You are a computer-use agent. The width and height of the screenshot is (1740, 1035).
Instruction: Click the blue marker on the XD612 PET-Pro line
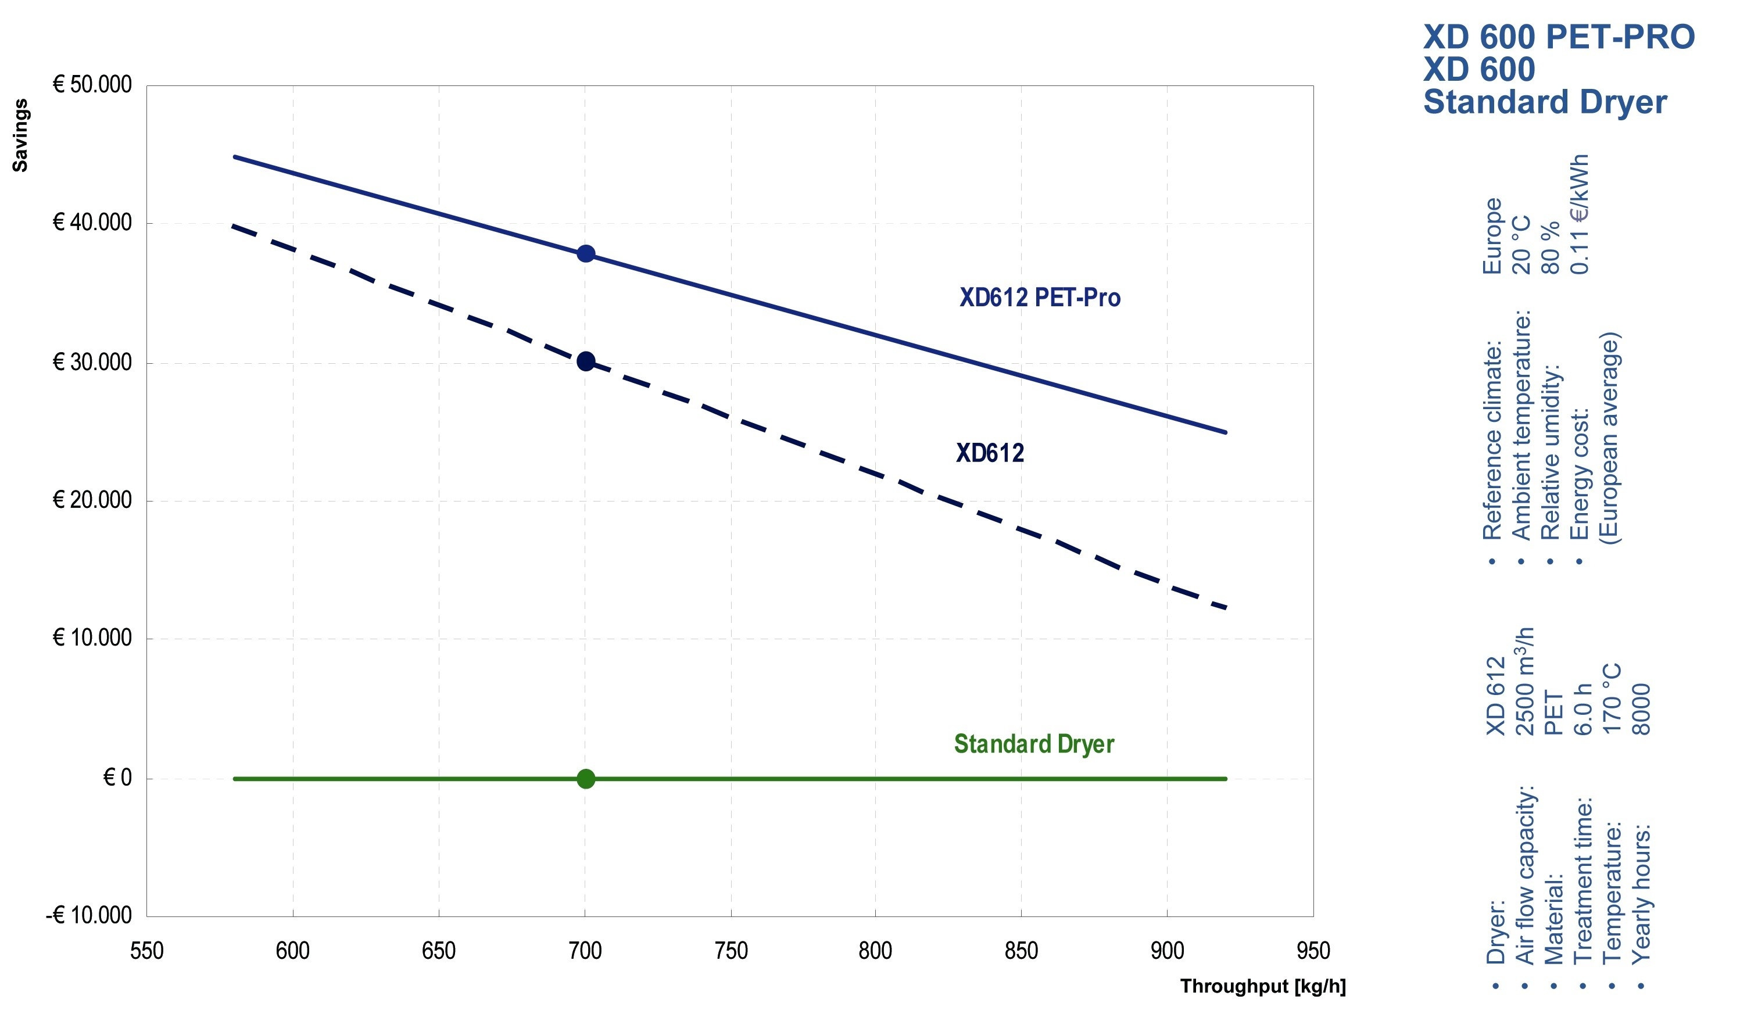586,253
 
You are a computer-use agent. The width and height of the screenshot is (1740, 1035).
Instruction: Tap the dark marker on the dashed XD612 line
586,361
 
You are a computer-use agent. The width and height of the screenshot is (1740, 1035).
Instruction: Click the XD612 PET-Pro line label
1039,298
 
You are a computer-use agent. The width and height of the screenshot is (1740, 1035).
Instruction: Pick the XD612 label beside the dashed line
990,453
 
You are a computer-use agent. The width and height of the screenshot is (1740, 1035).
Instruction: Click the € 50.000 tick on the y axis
92,85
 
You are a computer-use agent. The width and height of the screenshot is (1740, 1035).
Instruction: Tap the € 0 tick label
117,778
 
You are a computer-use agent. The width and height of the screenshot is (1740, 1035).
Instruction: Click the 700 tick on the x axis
585,951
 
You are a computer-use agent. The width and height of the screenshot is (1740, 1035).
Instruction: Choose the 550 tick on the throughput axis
146,951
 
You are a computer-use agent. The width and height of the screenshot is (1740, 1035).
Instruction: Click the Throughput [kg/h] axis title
1262,986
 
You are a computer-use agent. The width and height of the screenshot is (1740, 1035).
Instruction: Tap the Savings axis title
20,135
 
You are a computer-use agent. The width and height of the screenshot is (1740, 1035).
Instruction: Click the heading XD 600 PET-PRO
1558,37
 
